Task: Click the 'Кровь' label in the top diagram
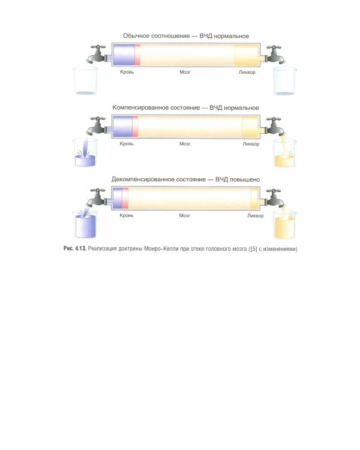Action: [127, 72]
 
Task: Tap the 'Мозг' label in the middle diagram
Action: [185, 144]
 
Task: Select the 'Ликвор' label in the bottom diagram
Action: [256, 215]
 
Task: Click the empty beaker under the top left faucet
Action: [85, 81]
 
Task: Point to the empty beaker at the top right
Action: [284, 81]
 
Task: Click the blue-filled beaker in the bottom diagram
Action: [85, 224]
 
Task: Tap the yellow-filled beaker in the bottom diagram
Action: [284, 225]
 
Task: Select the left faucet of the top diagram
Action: [98, 54]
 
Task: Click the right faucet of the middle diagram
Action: [275, 126]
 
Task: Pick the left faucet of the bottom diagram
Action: [98, 198]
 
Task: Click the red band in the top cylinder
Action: [137, 55]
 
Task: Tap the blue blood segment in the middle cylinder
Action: [122, 127]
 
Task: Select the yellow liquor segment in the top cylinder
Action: [247, 55]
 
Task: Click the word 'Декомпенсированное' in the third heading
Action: [142, 179]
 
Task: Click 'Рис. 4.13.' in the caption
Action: [74, 248]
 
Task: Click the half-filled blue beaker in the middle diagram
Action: [85, 152]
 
